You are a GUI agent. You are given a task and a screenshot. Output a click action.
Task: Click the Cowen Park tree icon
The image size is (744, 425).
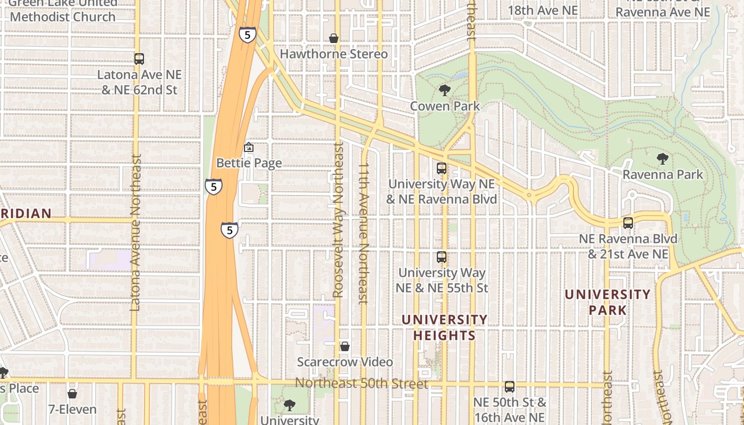(x=444, y=90)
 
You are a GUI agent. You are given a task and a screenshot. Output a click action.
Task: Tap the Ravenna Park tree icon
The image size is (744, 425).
(x=662, y=158)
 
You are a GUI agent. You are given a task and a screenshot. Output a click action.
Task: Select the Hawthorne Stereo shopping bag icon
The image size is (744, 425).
(x=334, y=38)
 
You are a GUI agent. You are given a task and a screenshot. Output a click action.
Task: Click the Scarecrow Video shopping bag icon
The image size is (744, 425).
(x=345, y=346)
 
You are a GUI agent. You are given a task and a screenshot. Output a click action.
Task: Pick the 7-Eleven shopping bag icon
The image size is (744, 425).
(x=72, y=394)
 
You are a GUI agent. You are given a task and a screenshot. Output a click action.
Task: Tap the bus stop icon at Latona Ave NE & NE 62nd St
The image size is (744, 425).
(x=139, y=59)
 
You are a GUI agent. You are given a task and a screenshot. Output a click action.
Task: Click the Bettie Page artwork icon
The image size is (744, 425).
(x=248, y=148)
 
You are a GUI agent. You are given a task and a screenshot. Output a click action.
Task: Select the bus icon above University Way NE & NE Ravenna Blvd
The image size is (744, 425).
(x=442, y=168)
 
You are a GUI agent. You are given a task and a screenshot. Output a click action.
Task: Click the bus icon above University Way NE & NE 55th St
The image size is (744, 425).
(x=442, y=257)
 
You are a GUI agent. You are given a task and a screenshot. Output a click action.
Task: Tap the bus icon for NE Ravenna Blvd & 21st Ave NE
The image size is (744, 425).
(x=628, y=223)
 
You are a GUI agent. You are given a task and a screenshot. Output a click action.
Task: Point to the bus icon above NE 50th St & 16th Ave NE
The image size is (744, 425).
(x=510, y=386)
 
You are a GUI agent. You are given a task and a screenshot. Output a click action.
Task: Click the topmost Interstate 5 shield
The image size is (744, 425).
(x=247, y=35)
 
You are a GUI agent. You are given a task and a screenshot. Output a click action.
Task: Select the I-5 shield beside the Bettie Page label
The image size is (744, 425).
(x=213, y=186)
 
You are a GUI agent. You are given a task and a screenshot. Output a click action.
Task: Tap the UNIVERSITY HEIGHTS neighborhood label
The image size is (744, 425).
(x=444, y=327)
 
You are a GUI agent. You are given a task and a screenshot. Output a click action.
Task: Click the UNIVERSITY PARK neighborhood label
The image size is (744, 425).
(x=607, y=302)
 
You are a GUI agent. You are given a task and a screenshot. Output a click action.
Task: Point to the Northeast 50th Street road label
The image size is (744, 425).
(x=361, y=383)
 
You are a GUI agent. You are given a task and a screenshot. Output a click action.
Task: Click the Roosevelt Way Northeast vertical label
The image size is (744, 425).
(x=339, y=220)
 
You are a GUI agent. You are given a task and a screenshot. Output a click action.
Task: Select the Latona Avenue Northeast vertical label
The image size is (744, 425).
(x=135, y=233)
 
